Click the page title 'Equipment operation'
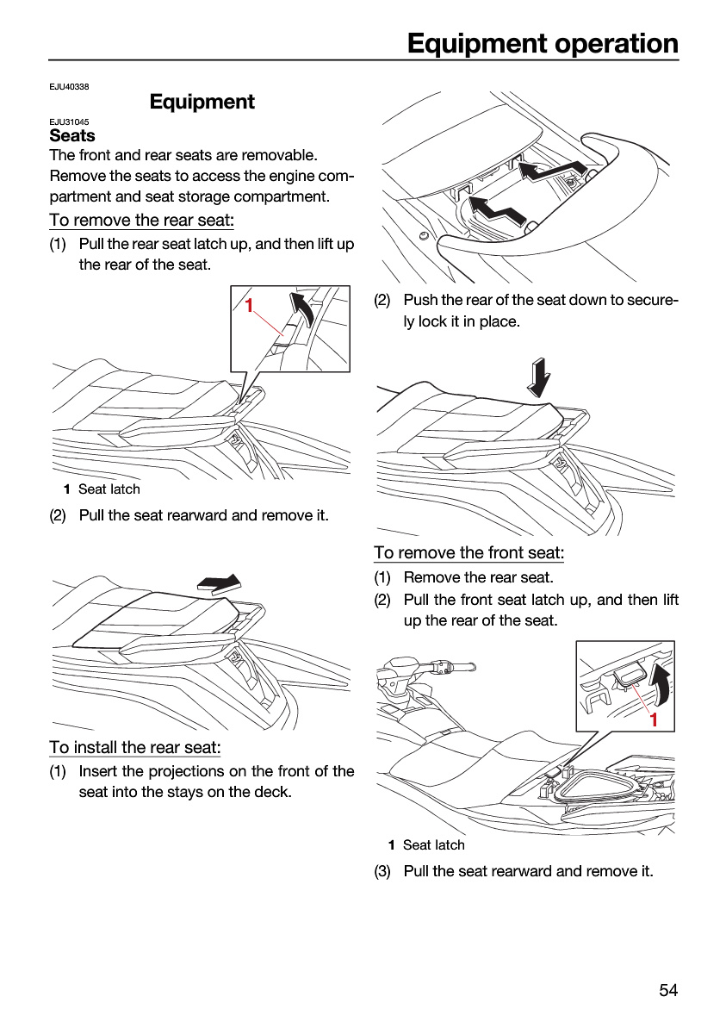[543, 44]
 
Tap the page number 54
[668, 990]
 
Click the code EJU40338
[69, 87]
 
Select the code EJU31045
[69, 121]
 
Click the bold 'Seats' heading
[72, 136]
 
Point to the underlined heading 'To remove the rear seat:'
[141, 221]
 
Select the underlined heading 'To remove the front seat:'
[469, 552]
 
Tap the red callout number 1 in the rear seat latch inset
[249, 306]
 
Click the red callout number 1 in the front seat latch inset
[654, 719]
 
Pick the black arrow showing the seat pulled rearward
[220, 583]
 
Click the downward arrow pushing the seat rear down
[538, 377]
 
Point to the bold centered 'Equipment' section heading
[202, 102]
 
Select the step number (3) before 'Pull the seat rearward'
[382, 871]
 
